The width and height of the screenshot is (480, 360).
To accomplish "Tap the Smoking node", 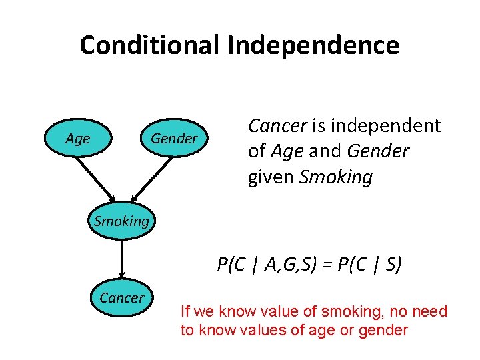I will coord(121,221).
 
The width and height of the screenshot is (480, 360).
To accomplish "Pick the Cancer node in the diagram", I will coord(121,298).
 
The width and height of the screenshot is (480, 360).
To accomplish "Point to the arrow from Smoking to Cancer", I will coord(121,257).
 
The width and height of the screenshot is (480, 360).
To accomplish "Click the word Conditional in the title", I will coord(149,45).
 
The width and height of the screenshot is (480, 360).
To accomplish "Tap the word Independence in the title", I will coord(313,45).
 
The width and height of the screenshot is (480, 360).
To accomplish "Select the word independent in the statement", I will coord(386,126).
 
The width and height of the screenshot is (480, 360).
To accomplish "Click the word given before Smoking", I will coord(271,178).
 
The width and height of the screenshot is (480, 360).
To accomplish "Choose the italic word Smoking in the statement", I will coord(336,178).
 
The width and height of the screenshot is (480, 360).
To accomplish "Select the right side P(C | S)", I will coord(370,265).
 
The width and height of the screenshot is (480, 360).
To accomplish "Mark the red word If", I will coord(185,311).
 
